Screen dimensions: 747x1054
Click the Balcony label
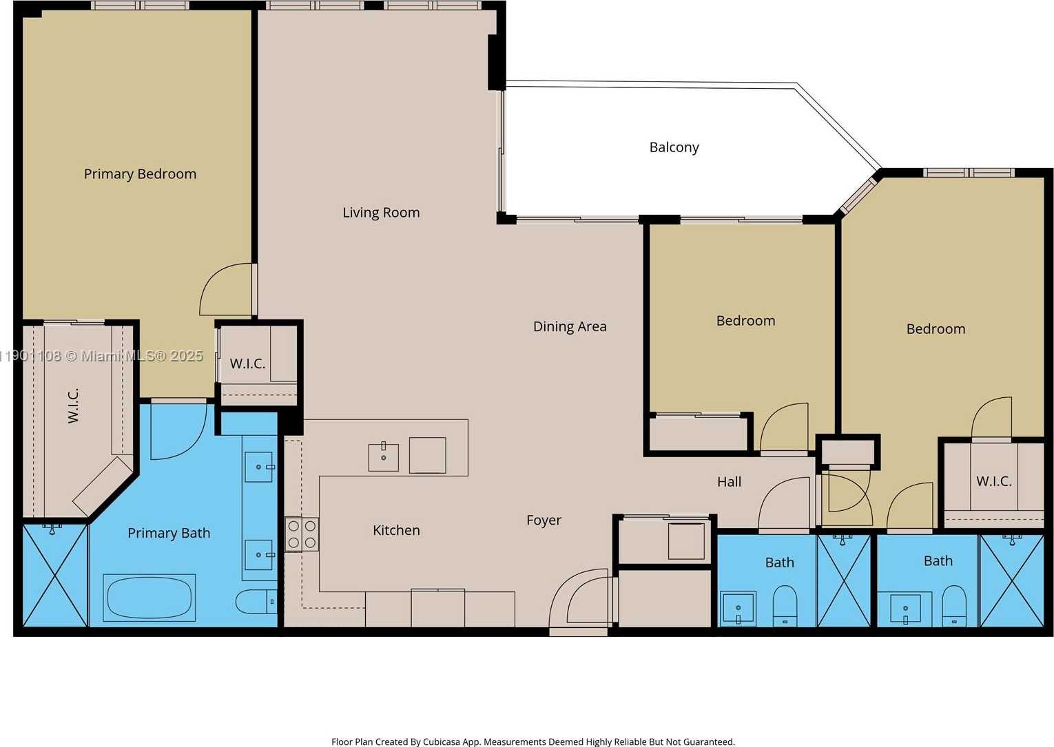674,147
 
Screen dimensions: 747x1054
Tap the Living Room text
381,213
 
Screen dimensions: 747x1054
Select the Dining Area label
570,326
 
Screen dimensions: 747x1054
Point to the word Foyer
544,520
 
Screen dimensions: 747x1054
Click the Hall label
729,482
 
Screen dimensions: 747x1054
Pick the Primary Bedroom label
140,174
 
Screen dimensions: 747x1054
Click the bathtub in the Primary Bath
149,598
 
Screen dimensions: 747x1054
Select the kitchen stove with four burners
302,534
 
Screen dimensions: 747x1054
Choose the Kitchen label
396,530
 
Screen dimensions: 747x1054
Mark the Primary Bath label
169,533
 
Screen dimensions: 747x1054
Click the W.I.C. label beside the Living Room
247,364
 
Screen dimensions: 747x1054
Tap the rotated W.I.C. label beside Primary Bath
73,405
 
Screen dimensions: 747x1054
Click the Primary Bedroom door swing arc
224,289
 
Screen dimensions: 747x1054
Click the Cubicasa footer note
533,741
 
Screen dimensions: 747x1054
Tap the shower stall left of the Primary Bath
55,575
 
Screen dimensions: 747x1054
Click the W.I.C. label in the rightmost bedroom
993,481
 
